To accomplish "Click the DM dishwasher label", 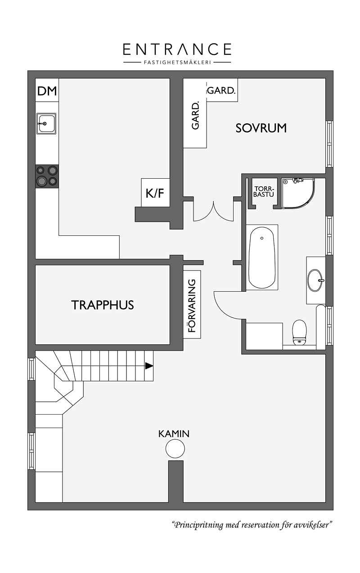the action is coord(47,91).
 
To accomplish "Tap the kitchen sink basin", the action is coord(46,123).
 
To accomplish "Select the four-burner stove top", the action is coord(47,176).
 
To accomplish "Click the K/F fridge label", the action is coord(155,193).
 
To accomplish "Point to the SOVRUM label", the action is coord(261,128).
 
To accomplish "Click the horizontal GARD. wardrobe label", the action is coord(221,90).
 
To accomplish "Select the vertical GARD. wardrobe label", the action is coord(195,116).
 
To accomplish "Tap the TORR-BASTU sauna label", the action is coord(264,191).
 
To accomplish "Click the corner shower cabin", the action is coord(298,194).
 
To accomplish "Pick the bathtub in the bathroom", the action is coord(262,257).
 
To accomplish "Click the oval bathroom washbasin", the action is coord(315,280).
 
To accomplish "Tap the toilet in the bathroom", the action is coord(299,332).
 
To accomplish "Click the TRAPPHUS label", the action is coord(103,305).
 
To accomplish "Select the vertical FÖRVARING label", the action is coord(192,306).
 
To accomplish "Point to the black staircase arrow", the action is coord(149,366).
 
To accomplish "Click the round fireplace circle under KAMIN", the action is coord(175,449).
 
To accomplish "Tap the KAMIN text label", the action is coord(174,434).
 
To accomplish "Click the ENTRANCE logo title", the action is coord(177,49).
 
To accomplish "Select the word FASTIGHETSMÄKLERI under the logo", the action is coord(177,62).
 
